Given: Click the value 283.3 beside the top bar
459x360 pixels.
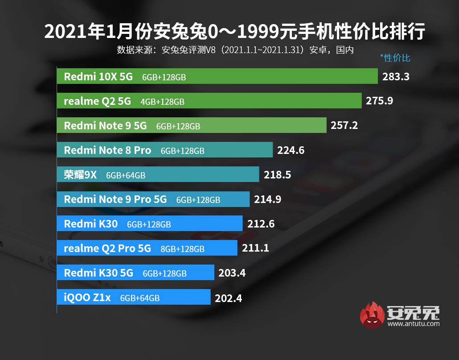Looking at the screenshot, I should [x=396, y=77].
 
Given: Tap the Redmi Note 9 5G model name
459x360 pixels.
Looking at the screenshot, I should [x=105, y=126].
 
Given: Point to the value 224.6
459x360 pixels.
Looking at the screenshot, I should [x=291, y=150].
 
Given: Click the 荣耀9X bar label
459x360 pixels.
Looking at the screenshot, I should [x=80, y=175].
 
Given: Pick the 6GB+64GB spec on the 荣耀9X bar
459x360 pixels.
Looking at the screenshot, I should [x=126, y=175].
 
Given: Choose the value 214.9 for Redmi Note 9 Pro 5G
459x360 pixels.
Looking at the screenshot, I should [x=267, y=199].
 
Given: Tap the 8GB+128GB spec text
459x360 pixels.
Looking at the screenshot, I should [x=182, y=249].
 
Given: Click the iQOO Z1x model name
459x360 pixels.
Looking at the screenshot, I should [x=87, y=298].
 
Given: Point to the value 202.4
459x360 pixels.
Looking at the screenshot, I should [x=228, y=298].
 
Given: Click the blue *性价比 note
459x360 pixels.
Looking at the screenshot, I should [x=395, y=58].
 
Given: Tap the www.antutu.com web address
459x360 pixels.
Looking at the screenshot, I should [x=414, y=324].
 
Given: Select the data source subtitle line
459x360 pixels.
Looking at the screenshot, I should [x=235, y=50].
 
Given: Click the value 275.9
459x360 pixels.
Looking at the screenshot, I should [x=379, y=101].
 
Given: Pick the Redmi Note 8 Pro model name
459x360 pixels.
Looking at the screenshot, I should [x=107, y=150].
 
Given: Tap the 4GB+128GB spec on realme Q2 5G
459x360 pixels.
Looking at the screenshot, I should [x=162, y=102].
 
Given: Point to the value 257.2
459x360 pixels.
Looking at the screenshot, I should [x=344, y=126].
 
